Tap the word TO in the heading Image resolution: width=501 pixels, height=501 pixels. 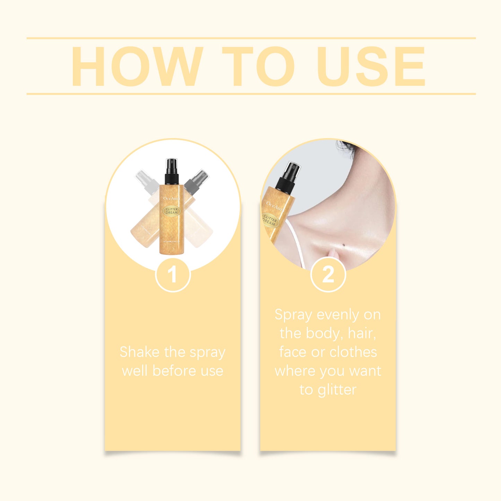258,66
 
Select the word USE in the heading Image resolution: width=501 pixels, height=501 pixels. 371,66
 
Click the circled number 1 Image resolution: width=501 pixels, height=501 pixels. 173,275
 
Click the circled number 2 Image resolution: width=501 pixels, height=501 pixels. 328,275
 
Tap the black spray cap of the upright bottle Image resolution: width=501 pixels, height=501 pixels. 172,172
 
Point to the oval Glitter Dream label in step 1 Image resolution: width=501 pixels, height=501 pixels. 172,211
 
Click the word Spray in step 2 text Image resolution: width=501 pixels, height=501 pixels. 293,315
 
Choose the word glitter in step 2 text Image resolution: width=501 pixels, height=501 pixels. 337,390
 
